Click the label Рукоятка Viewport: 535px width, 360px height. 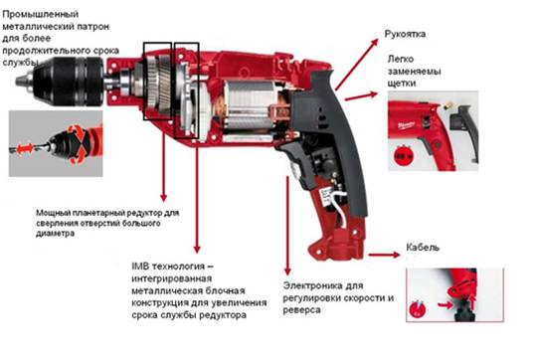(x=405, y=34)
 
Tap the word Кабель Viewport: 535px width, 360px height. (x=423, y=247)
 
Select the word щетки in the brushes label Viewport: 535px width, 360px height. (x=402, y=84)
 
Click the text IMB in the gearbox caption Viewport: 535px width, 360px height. (x=140, y=267)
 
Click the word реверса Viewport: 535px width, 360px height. (x=301, y=310)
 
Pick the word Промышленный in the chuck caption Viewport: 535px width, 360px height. (x=41, y=14)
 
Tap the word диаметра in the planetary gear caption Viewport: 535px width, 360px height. (x=56, y=234)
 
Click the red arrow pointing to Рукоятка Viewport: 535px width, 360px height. (x=357, y=65)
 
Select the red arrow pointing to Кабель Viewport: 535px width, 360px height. (x=384, y=255)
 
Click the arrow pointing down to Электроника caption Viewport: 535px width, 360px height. (x=287, y=225)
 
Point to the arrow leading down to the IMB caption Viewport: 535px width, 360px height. (x=197, y=196)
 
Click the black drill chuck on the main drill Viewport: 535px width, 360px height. (x=69, y=82)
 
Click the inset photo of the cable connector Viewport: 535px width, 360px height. (x=454, y=294)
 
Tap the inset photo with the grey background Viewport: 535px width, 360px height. (x=56, y=143)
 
